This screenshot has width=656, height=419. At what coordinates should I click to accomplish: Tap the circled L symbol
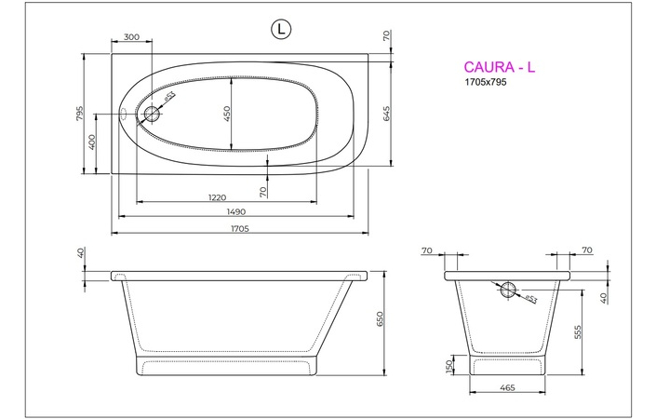pos(279,30)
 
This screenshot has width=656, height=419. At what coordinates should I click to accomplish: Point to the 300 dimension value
pos(131,37)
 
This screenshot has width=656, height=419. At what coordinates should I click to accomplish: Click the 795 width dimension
pos(81,114)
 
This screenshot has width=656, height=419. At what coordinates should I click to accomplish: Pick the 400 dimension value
pos(92,142)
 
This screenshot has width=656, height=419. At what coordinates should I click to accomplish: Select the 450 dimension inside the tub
pos(226,114)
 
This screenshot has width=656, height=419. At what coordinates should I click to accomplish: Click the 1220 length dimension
pos(217,196)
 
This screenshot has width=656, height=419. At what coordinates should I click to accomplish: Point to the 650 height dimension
pos(380,319)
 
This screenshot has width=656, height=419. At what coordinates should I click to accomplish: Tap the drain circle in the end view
pos(508,290)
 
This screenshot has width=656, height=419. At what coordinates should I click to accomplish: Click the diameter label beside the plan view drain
pos(169,97)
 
